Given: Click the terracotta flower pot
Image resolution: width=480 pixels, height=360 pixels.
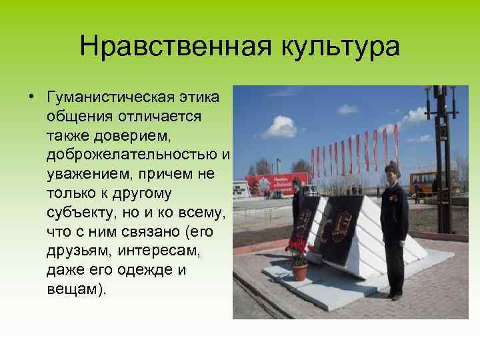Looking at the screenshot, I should pyautogui.click(x=300, y=271).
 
